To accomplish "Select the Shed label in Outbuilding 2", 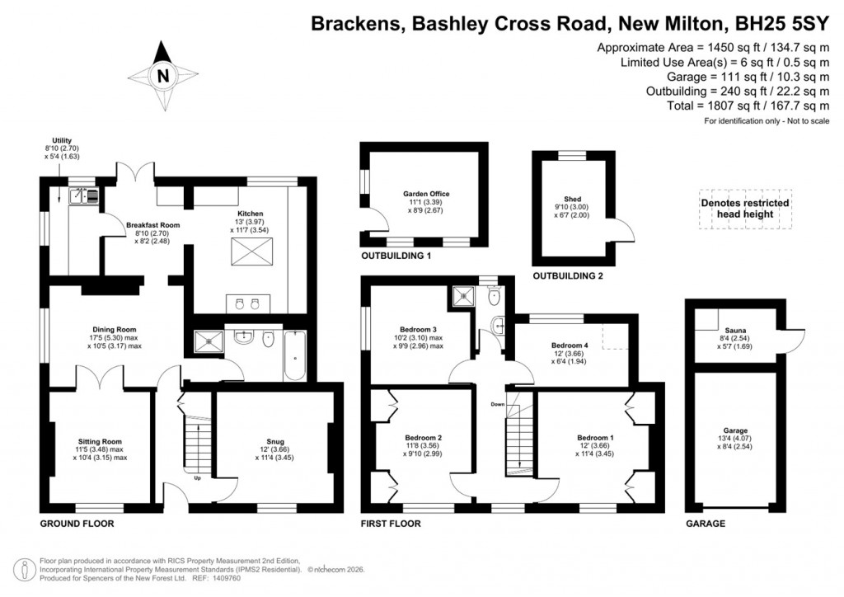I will coord(572,199).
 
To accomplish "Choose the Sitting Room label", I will coord(100,440).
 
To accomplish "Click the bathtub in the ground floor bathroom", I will coord(295,355).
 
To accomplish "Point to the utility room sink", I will coord(83,195).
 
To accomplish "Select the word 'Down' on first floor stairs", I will coord(498,405).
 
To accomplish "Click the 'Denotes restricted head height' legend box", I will coord(744,209).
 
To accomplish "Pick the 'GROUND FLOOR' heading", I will coord(77,524).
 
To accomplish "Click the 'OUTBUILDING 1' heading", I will coord(396,256).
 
